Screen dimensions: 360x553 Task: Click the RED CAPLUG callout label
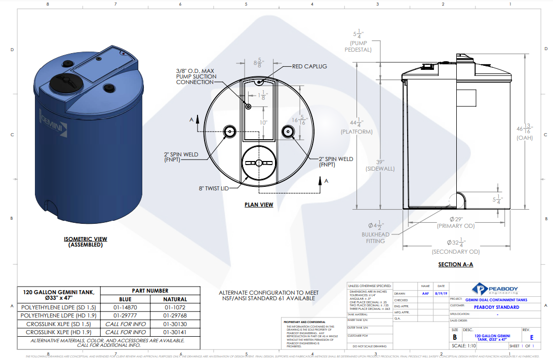click(309, 66)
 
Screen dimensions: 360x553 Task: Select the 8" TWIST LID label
click(213, 188)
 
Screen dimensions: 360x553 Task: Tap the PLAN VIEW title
click(259, 205)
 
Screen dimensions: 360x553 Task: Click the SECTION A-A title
click(455, 265)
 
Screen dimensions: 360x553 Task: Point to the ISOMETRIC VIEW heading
click(86, 239)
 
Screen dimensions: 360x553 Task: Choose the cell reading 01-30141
click(174, 332)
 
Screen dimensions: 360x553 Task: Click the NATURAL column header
click(174, 299)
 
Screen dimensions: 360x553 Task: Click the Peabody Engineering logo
click(495, 290)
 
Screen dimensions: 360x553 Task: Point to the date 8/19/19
click(441, 293)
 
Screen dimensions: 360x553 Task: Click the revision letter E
click(531, 337)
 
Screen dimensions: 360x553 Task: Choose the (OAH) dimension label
click(524, 138)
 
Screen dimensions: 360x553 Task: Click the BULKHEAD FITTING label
click(375, 238)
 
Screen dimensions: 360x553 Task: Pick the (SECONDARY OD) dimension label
click(455, 252)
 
